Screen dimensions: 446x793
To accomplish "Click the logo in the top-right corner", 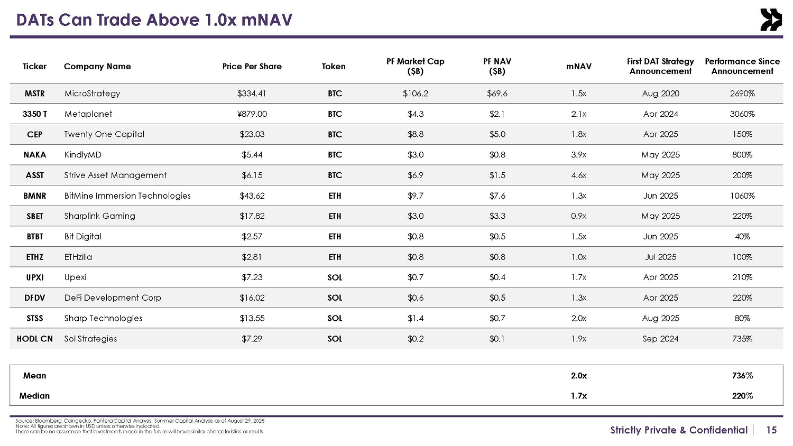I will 771,20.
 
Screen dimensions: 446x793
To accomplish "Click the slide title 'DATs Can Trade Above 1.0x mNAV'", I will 154,20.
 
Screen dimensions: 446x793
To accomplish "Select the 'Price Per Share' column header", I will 252,67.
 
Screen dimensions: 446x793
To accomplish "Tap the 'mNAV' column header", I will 578,67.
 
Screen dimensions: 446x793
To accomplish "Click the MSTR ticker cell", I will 34,94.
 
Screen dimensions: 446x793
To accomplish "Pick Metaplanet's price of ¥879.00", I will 252,114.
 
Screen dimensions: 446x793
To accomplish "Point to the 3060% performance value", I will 742,114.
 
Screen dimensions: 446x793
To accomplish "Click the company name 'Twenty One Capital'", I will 104,134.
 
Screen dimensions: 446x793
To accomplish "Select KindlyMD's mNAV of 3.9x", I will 578,155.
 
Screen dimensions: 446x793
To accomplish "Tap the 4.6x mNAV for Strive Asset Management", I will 578,175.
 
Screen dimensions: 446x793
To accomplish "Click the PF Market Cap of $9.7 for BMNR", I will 415,196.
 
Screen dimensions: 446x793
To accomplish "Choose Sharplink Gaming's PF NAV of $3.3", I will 497,216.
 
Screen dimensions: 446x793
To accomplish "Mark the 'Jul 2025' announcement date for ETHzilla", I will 660,257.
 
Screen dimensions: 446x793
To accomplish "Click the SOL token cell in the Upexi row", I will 335,277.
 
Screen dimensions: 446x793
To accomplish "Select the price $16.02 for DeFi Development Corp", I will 252,298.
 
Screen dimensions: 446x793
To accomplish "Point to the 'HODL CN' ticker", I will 35,339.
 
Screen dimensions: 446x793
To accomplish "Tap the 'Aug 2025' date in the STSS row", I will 660,319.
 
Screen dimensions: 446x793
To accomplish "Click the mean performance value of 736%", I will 742,376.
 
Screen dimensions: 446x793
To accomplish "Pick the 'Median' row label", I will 34,396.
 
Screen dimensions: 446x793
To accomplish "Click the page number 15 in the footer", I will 771,430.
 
